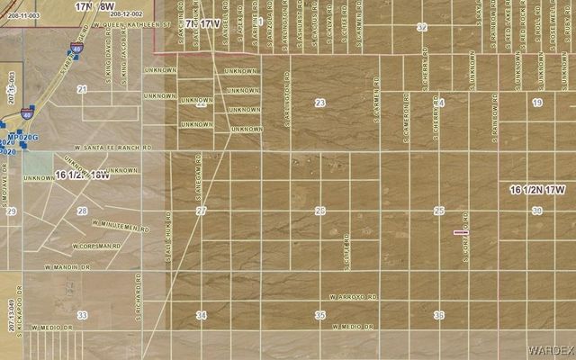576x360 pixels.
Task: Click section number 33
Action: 83,315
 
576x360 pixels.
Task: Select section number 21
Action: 82,90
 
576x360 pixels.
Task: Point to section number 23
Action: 319,103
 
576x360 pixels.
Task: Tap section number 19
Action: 537,103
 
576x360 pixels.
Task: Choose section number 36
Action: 439,315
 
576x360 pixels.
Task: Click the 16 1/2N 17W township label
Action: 537,190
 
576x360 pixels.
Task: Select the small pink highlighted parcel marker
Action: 461,232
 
